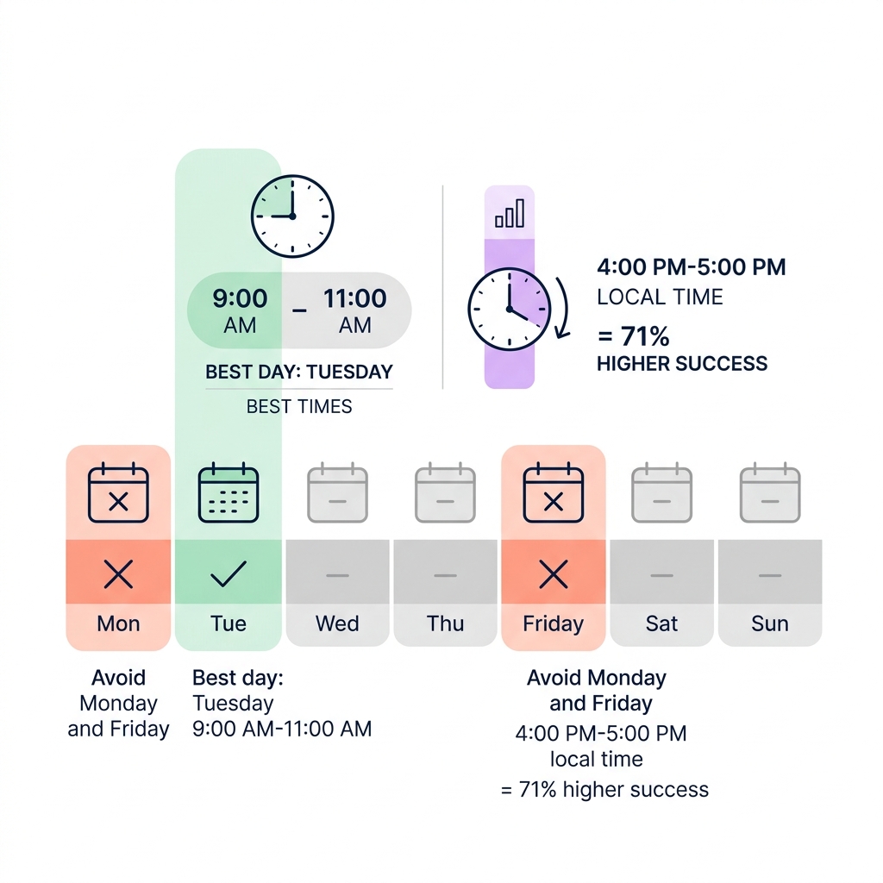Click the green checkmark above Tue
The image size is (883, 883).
click(x=228, y=573)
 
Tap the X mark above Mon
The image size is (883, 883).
click(x=118, y=574)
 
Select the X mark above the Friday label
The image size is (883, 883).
click(x=554, y=574)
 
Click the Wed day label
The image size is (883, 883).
click(x=337, y=623)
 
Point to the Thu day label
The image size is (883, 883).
click(x=446, y=623)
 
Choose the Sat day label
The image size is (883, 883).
click(x=661, y=623)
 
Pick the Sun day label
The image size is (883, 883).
click(x=770, y=623)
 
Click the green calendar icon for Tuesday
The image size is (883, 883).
click(x=229, y=492)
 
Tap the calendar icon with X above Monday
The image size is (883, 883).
click(x=118, y=492)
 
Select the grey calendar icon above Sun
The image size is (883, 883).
click(x=770, y=492)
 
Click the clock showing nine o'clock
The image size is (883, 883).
click(x=292, y=216)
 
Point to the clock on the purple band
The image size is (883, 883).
click(x=509, y=310)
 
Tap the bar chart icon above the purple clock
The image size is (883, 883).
click(x=510, y=213)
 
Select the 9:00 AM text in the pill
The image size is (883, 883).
click(x=240, y=310)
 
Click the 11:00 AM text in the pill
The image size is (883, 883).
click(x=354, y=310)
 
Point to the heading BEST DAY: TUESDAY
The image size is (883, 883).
click(x=299, y=372)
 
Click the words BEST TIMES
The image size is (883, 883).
click(x=299, y=406)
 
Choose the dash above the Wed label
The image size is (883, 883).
click(x=337, y=575)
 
